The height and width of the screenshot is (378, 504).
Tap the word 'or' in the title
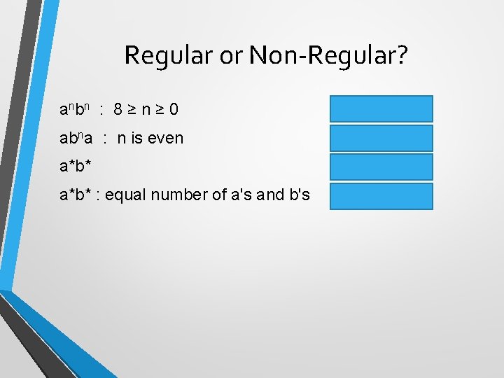(230, 56)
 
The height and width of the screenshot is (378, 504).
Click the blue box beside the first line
(381, 108)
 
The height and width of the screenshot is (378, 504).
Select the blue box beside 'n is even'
(381, 138)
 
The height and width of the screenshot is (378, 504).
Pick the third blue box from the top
(381, 167)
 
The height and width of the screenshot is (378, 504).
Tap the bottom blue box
(381, 197)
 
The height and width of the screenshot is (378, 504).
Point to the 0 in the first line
(173, 110)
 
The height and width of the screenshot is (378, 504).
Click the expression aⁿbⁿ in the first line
(76, 110)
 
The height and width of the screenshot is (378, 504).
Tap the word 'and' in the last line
(269, 197)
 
